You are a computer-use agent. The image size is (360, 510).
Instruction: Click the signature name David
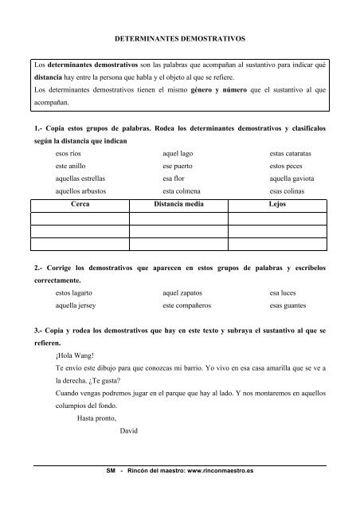[127, 431]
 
